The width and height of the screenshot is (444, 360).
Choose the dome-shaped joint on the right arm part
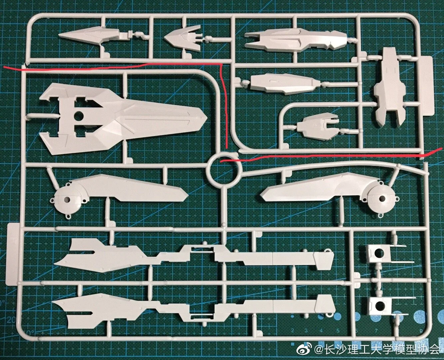[x=380, y=199]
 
